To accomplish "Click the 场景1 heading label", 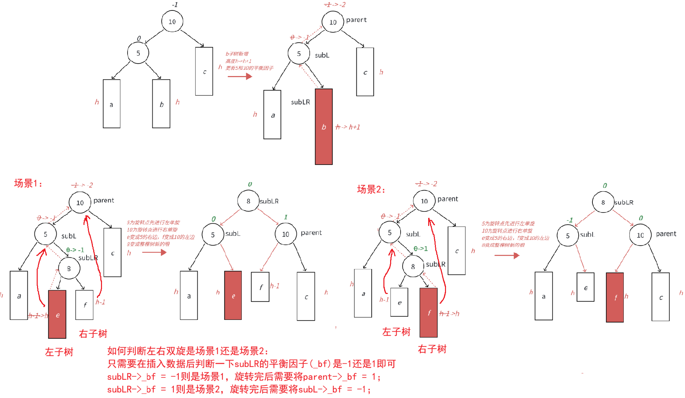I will (28, 184).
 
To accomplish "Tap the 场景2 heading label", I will (371, 189).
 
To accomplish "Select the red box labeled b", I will (323, 127).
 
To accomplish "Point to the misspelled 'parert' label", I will (356, 20).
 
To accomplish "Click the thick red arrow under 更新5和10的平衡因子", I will (240, 76).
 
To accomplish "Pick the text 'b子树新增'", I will (237, 54).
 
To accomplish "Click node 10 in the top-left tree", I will (172, 22).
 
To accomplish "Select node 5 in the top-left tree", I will (138, 53).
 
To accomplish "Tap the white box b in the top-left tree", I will (161, 104).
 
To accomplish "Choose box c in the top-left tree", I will (204, 71).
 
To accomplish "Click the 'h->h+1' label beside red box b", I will (348, 127).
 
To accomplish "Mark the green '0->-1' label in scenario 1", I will (75, 250).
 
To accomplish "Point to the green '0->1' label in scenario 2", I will (420, 248).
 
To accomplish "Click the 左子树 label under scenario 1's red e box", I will (59, 352).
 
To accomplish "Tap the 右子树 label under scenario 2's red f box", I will (432, 349).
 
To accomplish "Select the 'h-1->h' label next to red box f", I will (449, 313).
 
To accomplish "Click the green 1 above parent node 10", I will (286, 217).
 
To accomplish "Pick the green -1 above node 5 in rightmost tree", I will (570, 220).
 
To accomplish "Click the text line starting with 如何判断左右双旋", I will (187, 351).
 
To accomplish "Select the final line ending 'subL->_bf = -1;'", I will (239, 390).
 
